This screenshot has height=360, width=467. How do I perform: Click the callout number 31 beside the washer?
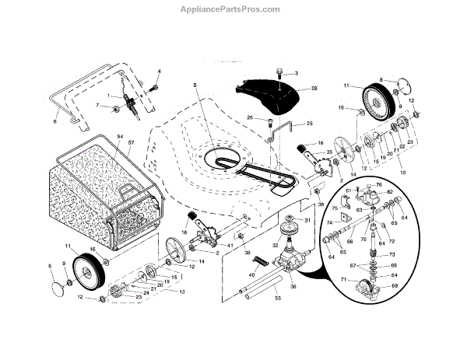(308, 221)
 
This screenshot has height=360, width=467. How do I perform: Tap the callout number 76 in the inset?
(379, 184)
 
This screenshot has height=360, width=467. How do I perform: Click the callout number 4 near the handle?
(158, 72)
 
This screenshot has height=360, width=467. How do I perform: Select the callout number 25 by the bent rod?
(309, 124)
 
